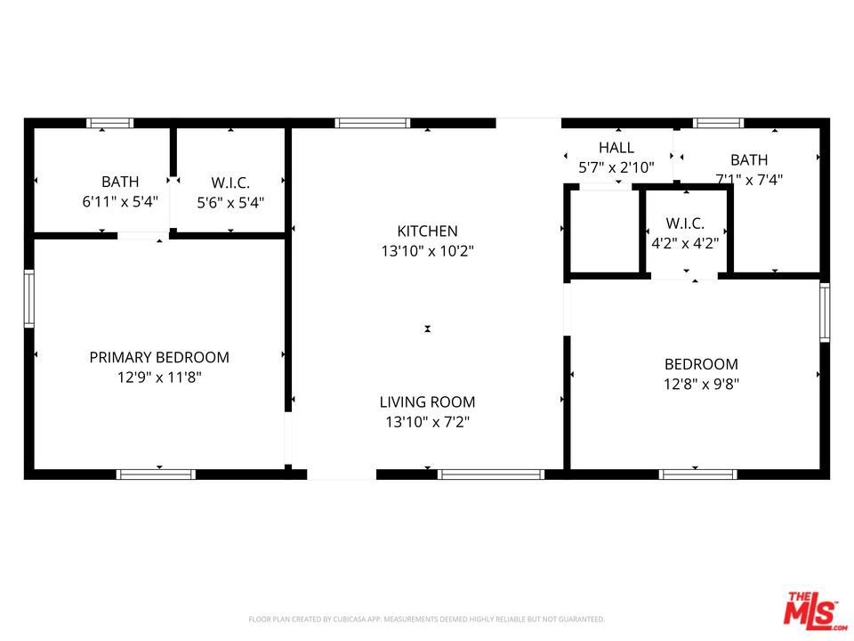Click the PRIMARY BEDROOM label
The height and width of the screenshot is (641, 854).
159,358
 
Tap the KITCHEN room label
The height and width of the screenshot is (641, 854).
428,231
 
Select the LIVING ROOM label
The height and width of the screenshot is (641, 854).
428,402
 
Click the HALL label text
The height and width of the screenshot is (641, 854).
616,148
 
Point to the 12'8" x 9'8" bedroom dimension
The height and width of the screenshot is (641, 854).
702,384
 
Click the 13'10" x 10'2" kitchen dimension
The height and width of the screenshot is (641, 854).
428,251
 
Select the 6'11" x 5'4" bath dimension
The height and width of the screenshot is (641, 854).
120,202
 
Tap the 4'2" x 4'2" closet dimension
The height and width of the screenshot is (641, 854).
685,243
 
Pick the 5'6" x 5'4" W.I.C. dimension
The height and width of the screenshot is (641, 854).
230,203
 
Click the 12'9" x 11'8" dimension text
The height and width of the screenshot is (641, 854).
159,377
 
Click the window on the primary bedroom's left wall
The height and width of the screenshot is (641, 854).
28,299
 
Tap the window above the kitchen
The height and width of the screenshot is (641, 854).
373,123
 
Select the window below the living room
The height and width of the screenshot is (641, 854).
491,475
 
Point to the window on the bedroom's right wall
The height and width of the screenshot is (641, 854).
825,312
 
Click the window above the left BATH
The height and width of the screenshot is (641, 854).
110,123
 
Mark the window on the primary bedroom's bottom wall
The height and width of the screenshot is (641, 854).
156,475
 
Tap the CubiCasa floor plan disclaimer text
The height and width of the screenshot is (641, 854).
426,620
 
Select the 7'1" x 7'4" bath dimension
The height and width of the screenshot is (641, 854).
749,180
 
